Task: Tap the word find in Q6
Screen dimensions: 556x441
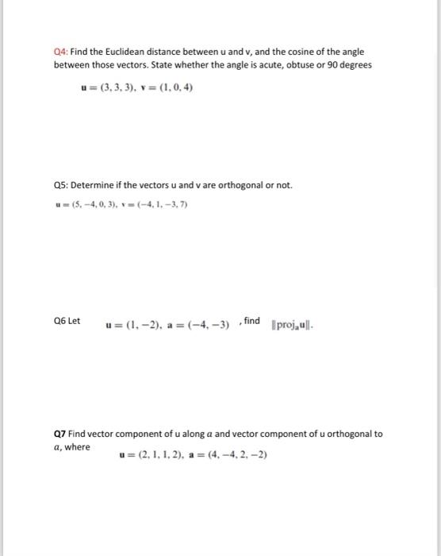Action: (251, 320)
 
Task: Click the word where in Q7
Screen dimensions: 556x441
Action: (78, 446)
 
